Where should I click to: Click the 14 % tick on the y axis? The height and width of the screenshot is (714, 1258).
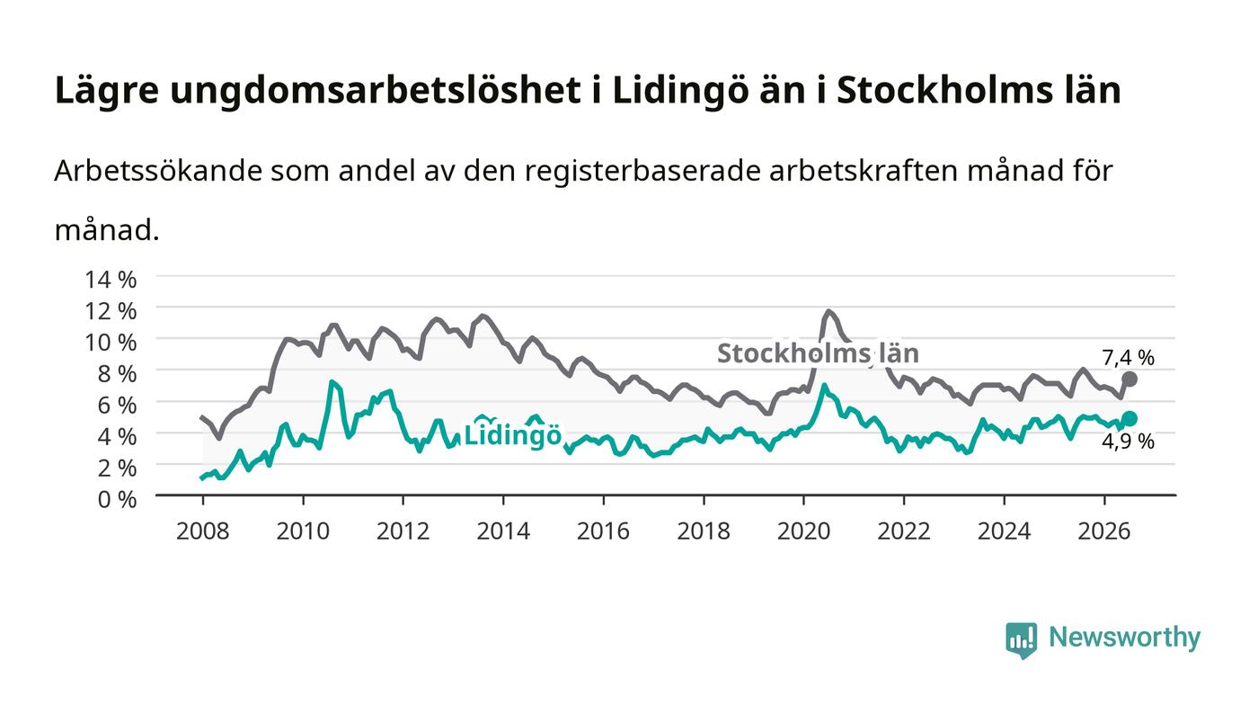[110, 280]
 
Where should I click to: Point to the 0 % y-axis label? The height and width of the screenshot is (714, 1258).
[117, 499]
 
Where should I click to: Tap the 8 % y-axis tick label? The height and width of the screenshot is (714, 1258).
[117, 374]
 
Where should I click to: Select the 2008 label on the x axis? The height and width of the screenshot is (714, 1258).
[203, 531]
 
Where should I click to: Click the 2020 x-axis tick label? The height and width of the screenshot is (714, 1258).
[803, 531]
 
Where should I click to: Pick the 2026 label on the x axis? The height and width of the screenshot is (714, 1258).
[1104, 531]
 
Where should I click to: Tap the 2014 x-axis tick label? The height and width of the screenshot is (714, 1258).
[503, 531]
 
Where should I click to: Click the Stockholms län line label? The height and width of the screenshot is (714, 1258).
[819, 353]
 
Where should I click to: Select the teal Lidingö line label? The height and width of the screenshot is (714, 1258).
[513, 435]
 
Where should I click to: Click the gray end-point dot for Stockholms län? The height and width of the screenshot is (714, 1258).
[1130, 379]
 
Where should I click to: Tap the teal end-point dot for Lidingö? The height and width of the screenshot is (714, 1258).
[1130, 418]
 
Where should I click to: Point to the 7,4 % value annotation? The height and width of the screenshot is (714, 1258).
[1128, 358]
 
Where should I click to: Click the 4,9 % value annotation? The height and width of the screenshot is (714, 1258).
[1128, 442]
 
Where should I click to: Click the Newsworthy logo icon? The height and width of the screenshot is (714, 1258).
[1022, 639]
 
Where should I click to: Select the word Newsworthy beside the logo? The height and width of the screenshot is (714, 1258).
[1124, 638]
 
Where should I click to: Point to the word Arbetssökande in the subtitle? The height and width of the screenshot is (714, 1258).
[158, 171]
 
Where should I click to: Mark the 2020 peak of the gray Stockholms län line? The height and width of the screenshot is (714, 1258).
[828, 311]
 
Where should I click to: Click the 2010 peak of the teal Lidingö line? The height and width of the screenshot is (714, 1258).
[332, 382]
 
